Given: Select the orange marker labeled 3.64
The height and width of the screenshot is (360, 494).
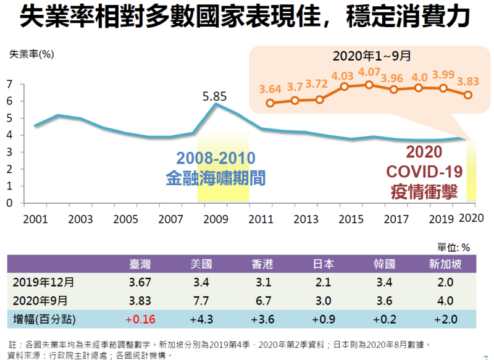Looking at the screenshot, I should click(270, 103).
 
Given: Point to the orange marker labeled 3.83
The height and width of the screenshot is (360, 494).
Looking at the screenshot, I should click(468, 95).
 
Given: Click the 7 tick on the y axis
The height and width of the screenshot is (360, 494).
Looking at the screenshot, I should click(9, 84).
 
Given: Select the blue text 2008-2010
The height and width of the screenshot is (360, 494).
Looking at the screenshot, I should click(216, 157).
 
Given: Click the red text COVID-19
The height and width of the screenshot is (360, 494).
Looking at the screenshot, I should click(424, 171).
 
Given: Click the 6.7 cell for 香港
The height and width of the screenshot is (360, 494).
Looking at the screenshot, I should click(262, 300).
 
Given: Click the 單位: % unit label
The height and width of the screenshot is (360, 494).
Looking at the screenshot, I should click(454, 247).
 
